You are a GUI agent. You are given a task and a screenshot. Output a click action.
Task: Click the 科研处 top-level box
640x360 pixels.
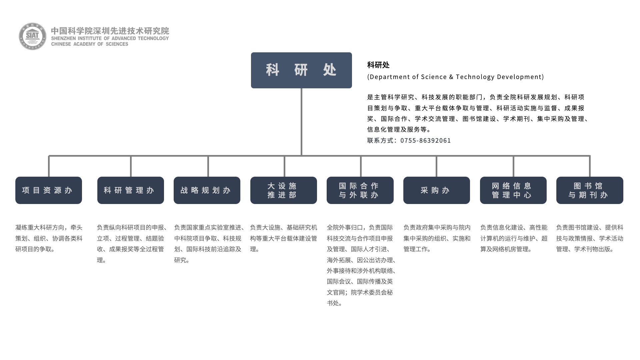click(x=301, y=70)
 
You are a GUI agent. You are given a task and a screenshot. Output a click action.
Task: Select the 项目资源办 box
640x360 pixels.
click(x=49, y=190)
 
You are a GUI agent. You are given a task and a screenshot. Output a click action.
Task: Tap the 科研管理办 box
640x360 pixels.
click(x=131, y=190)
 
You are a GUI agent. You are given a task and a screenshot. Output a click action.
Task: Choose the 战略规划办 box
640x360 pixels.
click(x=207, y=190)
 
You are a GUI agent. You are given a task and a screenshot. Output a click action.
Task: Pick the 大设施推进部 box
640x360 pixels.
click(x=284, y=190)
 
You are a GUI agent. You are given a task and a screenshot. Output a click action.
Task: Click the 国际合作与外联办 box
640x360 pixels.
click(x=360, y=190)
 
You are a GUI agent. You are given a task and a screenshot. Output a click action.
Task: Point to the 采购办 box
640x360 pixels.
click(x=437, y=190)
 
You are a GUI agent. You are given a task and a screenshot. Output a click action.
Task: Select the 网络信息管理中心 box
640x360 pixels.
click(x=513, y=190)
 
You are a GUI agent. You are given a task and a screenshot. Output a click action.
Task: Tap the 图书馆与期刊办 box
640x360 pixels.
click(x=590, y=190)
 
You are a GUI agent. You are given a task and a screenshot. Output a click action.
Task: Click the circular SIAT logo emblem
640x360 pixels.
click(x=32, y=36)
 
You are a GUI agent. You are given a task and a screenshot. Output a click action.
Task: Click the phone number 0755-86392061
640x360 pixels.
click(x=426, y=140)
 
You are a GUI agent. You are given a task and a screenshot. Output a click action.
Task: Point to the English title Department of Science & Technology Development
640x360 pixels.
click(x=456, y=77)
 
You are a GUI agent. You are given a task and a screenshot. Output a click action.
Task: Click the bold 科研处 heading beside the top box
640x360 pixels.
click(x=378, y=65)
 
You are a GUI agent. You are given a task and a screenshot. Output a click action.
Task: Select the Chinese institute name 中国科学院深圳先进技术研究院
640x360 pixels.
click(x=110, y=31)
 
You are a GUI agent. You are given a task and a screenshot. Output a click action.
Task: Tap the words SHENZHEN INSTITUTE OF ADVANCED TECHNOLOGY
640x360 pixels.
click(x=110, y=38)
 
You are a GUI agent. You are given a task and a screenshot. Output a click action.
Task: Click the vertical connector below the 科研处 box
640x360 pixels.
click(x=301, y=122)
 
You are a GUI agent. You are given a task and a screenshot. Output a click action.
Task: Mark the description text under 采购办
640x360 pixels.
click(x=437, y=238)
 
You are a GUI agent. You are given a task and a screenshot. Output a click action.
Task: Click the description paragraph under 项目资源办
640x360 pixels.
click(x=49, y=238)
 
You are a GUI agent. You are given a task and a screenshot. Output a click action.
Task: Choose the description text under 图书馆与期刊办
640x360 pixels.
click(x=590, y=238)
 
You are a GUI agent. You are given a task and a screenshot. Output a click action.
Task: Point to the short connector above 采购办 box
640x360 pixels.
click(x=436, y=166)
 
